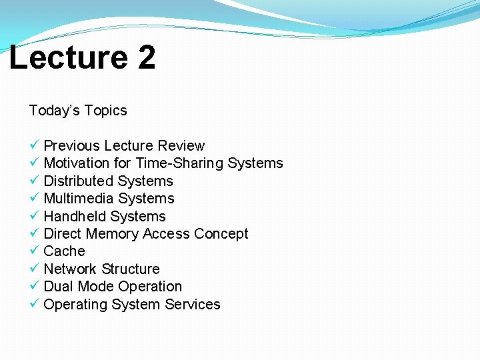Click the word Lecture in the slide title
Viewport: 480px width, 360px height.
pos(68,57)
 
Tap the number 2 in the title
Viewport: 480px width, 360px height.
pos(147,57)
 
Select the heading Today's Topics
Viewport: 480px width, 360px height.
pos(78,111)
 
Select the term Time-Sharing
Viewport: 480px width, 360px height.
pos(179,163)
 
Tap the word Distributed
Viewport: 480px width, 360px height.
pos(79,181)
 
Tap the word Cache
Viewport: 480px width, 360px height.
pos(64,251)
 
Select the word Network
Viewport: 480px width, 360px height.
pos(70,269)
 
